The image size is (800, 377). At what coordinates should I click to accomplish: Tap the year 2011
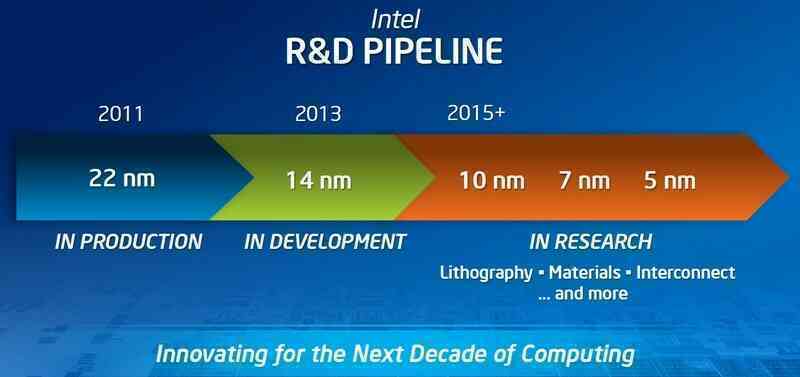pos(120,113)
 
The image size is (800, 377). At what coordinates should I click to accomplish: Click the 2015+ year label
pos(476,113)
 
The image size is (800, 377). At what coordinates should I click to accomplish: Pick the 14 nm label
pos(318,181)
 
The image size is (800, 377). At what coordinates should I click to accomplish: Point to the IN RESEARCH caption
pos(590,242)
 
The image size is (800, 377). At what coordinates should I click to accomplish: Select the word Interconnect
pos(688,272)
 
